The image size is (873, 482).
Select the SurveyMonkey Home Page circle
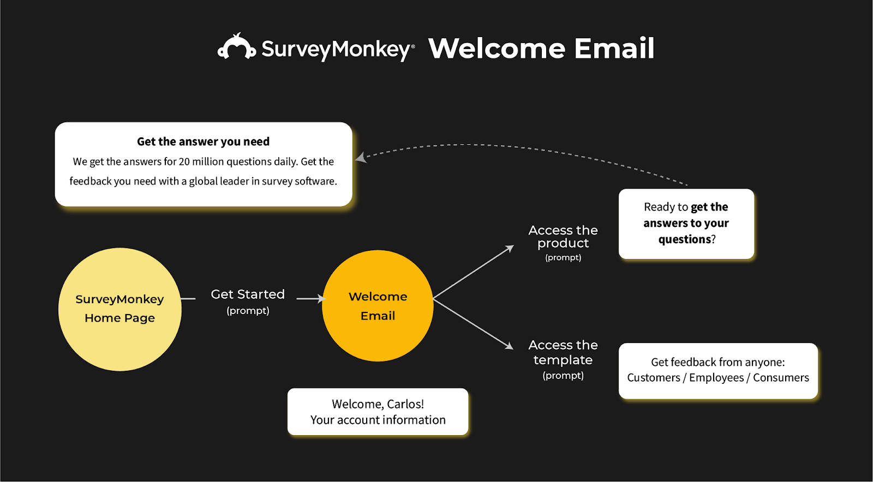point(119,309)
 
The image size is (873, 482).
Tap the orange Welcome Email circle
point(378,306)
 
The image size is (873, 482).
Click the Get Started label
point(248,294)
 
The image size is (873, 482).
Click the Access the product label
point(563,237)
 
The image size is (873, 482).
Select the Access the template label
point(563,352)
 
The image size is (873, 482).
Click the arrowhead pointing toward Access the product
point(510,248)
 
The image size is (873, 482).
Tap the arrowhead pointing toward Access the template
point(509,346)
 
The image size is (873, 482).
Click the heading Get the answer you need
point(203,142)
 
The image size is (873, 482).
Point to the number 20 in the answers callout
point(184,162)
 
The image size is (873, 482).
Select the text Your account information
point(378,420)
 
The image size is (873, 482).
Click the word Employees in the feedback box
point(716,378)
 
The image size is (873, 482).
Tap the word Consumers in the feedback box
point(781,378)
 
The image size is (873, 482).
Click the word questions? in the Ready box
point(686,239)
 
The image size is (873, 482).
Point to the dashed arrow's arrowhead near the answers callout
point(360,158)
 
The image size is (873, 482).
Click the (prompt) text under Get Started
point(248,311)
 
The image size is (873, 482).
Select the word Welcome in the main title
point(497,49)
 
